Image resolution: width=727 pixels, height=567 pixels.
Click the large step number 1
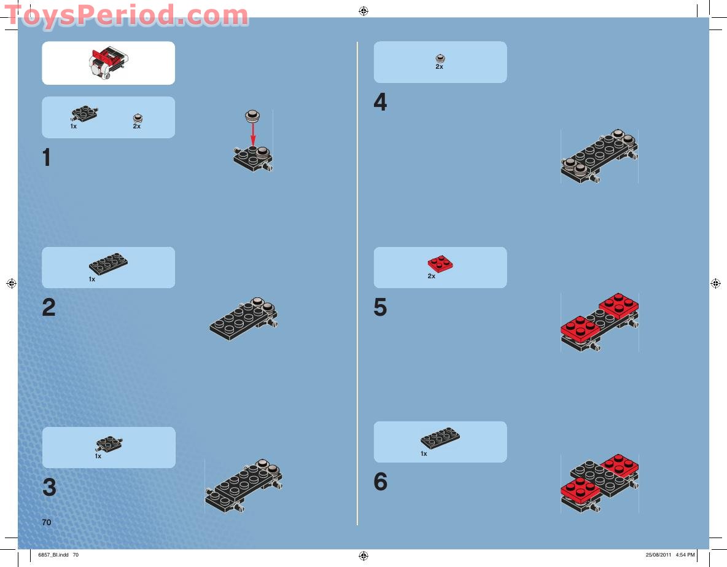point(47,158)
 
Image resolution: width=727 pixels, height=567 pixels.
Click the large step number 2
point(49,308)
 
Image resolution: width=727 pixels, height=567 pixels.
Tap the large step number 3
point(49,488)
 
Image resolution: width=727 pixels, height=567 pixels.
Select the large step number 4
point(380,103)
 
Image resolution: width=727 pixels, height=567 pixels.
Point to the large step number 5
point(380,308)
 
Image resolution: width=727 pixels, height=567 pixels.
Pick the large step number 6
point(380,482)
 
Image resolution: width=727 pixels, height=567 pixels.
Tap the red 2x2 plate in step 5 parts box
point(440,264)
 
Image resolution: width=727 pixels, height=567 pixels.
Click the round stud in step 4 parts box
point(440,57)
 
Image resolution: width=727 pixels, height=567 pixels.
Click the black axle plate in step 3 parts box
point(109,443)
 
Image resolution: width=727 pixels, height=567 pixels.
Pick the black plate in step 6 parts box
point(440,437)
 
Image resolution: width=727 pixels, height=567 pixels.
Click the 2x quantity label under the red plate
point(432,276)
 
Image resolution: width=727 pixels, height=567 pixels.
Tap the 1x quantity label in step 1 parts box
point(73,126)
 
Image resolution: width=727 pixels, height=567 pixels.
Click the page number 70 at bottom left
point(47,522)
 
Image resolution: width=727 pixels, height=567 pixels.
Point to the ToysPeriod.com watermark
point(126,15)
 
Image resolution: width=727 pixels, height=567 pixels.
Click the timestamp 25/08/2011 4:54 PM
point(670,555)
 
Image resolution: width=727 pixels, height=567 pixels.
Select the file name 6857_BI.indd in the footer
point(53,555)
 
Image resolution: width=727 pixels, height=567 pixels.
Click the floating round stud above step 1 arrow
point(252,114)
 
